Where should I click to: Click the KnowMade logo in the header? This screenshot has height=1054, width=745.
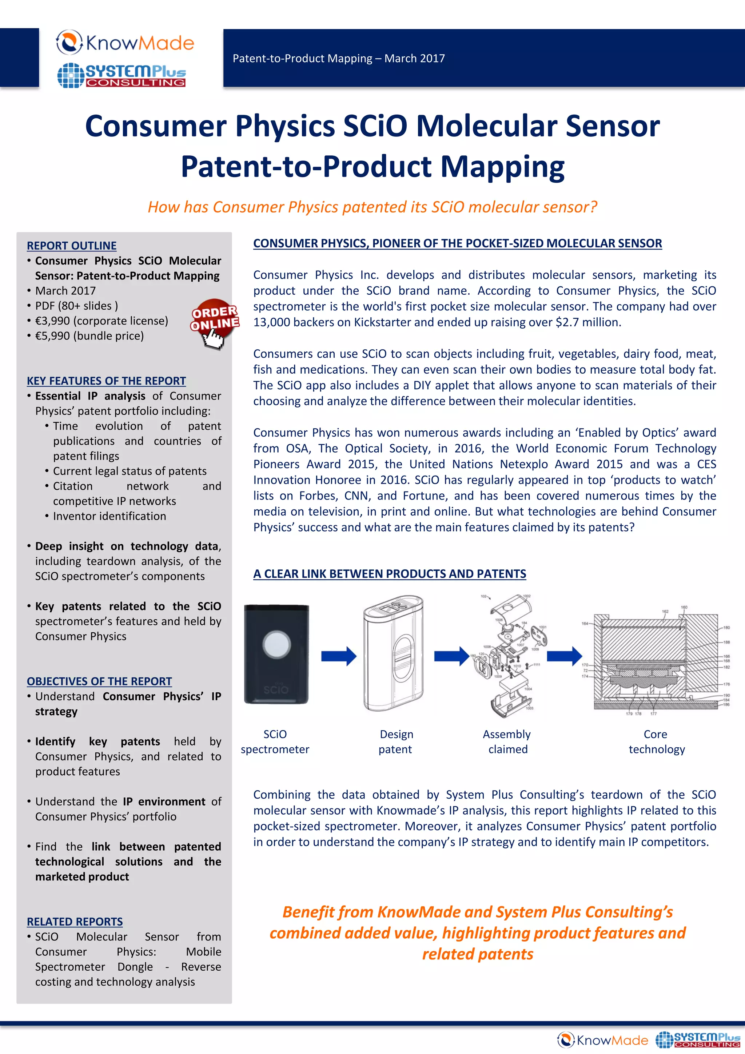coord(125,43)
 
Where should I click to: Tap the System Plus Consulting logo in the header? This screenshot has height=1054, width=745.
coord(121,75)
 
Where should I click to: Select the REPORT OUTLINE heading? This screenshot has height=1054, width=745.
coord(72,246)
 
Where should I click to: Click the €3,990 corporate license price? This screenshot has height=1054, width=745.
coord(101,321)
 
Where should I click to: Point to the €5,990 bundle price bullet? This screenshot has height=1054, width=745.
coord(89,336)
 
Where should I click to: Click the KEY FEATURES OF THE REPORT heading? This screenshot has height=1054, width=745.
coord(106,381)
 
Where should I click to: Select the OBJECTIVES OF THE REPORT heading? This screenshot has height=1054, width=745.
coord(99,681)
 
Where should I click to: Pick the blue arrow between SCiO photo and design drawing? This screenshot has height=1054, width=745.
coord(338,656)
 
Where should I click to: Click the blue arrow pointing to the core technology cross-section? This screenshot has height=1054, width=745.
coord(564,656)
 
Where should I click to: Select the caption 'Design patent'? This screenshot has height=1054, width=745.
coord(396,741)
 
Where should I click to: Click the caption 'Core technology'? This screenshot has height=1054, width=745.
coord(656,741)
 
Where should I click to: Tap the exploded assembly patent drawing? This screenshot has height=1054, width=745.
coord(509,656)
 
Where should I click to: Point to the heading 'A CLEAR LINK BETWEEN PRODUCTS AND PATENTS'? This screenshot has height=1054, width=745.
coord(389,574)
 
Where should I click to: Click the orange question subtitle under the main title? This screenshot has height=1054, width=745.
coord(372,207)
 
